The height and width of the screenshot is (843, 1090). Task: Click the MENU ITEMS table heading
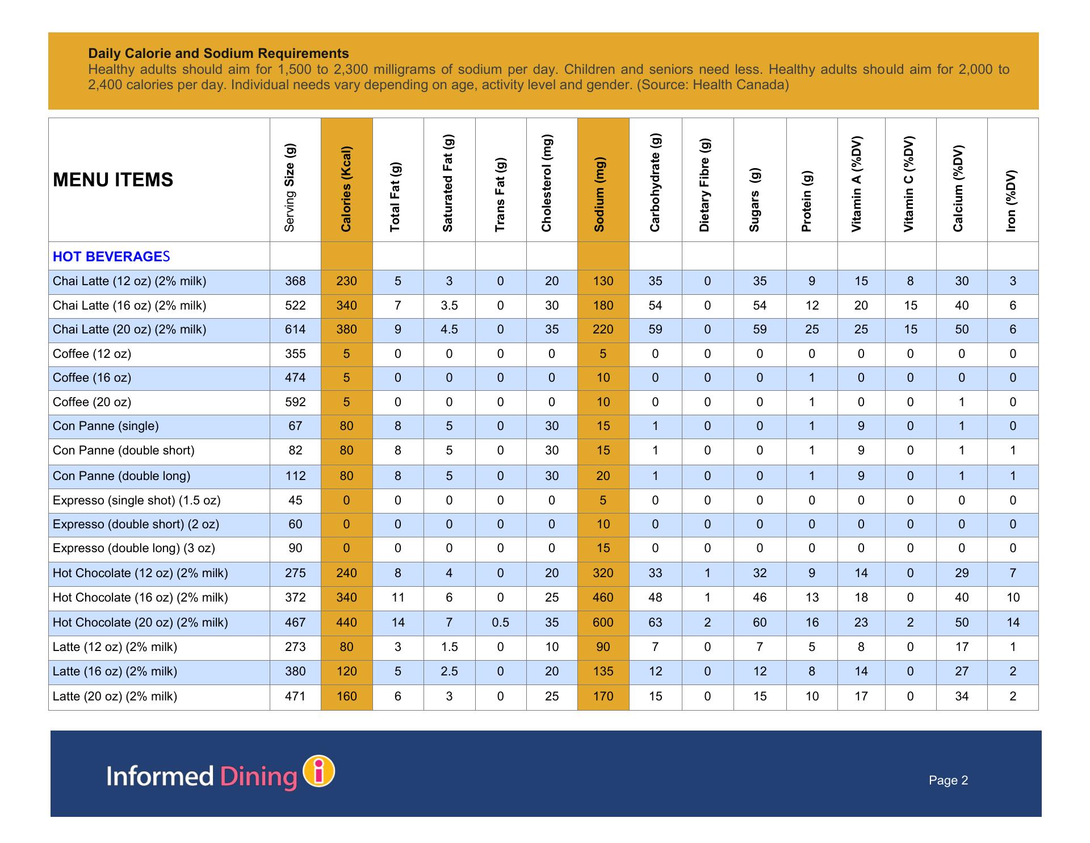coord(113,180)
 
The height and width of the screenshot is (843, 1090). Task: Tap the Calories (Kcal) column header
coord(346,189)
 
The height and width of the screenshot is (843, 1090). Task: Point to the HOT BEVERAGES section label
coord(111,257)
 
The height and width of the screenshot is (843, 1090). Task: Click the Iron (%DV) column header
coord(1011,201)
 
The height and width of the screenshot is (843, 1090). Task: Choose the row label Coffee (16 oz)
coord(92,378)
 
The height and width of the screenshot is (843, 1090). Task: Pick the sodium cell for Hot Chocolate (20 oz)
coord(603,623)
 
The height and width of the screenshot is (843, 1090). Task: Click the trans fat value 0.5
coord(500,623)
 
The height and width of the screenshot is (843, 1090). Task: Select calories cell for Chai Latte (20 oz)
coord(346,329)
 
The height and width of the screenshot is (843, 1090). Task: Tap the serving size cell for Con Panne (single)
coord(295,426)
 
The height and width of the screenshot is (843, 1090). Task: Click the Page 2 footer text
coord(948,781)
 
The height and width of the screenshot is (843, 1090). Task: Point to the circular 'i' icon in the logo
coord(320,772)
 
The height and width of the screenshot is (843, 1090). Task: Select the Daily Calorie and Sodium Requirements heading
coord(219,53)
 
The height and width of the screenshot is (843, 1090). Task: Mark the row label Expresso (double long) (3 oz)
coord(134,548)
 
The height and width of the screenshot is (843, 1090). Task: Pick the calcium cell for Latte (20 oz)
coord(962,696)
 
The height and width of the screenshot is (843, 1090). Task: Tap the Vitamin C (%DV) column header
coord(909,184)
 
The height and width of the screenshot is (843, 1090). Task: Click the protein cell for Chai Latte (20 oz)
coord(812,329)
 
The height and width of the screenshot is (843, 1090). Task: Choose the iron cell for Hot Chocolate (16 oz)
coord(1013,598)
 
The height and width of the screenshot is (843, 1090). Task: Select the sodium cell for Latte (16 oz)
coord(603,671)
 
